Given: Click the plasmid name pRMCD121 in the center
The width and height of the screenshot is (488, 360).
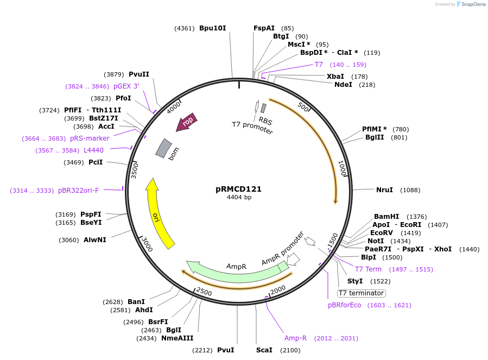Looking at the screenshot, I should pos(238,190).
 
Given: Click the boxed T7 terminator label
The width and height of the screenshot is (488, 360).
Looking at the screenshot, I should pos(361,293).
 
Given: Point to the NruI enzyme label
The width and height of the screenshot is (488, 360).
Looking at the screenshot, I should pos(384,190).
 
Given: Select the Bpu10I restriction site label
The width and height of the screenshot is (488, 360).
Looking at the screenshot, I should pos(212,28).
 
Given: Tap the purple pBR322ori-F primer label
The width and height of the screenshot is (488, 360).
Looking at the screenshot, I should pos(78,191).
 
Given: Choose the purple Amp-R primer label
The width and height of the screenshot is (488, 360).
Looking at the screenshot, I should pos(295,338).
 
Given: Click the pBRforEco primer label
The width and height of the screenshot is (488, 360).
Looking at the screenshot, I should pos(344,305).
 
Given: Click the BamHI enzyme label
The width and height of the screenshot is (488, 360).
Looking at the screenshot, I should pos(386,217).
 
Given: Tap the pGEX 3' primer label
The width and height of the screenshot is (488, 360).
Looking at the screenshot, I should pos(126,86).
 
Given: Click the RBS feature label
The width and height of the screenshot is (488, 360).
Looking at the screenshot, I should pos(265,121).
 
